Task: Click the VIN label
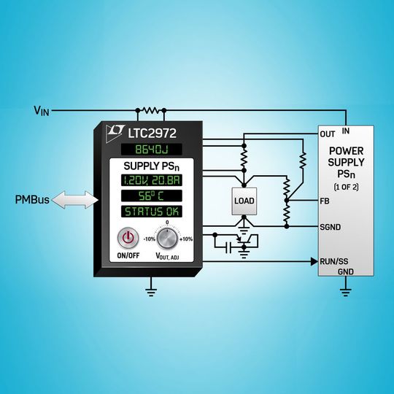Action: (x=42, y=111)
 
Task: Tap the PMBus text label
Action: (x=32, y=200)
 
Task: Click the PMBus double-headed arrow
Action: (x=75, y=200)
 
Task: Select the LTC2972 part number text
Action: (x=152, y=133)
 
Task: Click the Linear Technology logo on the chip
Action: (x=115, y=134)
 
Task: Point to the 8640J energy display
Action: (x=152, y=150)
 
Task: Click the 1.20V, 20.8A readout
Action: (x=152, y=180)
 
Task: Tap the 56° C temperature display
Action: (x=152, y=196)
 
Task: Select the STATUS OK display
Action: (x=152, y=212)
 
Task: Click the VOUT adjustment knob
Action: (x=167, y=239)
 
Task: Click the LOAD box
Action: (x=244, y=201)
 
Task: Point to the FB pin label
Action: (x=325, y=201)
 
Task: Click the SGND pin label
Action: (x=331, y=227)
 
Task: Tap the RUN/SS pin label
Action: (x=334, y=262)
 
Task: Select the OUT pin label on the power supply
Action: (x=328, y=134)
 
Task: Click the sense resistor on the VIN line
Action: (x=151, y=110)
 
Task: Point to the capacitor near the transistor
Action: (x=228, y=248)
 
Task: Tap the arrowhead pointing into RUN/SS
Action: (x=314, y=262)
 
